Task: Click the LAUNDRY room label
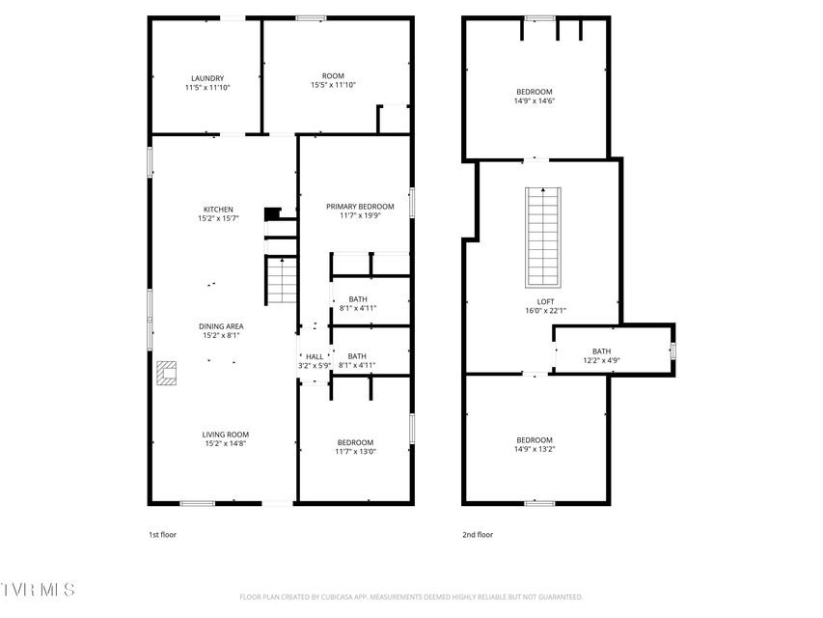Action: coord(207,83)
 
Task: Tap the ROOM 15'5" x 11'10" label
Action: coord(333,80)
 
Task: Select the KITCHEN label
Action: coord(218,213)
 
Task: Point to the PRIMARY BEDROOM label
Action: coord(360,211)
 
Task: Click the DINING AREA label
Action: coord(221,330)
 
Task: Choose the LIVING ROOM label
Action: coord(226,438)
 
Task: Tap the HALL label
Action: coord(315,361)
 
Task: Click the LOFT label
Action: coord(545,306)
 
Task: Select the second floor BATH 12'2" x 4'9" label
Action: coord(601,355)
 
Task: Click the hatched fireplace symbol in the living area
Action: coord(166,373)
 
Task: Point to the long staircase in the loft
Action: coord(543,238)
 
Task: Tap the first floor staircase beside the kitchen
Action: coord(282,280)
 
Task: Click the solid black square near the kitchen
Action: coord(271,213)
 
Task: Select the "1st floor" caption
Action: coord(162,534)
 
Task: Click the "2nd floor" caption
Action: coord(478,534)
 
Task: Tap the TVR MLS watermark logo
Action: coord(38,590)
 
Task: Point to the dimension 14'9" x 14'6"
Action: coord(535,100)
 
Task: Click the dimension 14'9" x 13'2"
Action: coord(535,449)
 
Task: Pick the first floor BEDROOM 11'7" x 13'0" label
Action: coord(355,447)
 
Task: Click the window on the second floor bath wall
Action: coord(672,351)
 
